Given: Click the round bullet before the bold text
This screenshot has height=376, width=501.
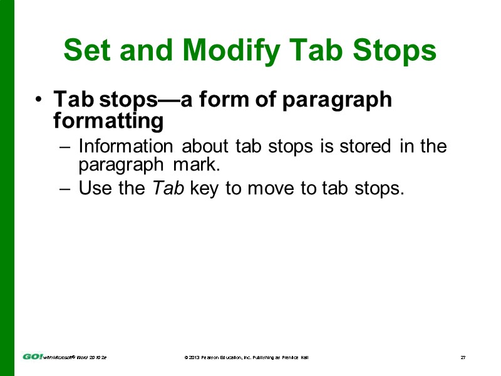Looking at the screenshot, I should (39, 100).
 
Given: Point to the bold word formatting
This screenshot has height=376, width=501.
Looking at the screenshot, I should (108, 120).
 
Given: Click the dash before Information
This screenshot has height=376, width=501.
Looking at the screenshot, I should (66, 147).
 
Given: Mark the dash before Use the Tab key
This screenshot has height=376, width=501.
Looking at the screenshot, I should (66, 189).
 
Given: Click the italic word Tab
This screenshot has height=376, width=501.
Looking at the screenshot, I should (168, 188).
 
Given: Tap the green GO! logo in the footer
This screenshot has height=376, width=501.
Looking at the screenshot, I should (33, 357).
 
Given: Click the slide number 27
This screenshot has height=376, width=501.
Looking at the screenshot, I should (463, 357).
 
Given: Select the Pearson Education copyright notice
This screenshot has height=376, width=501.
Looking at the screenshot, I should (246, 357).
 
